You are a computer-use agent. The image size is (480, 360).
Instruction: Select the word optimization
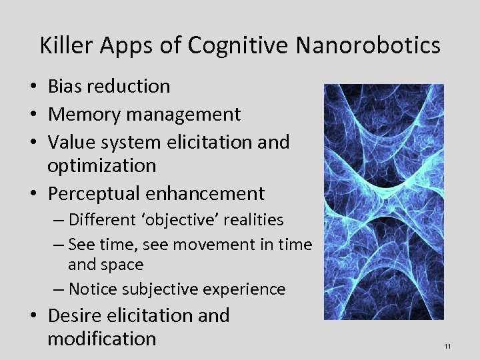click(x=101, y=165)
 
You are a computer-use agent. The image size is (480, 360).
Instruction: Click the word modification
click(x=101, y=338)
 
